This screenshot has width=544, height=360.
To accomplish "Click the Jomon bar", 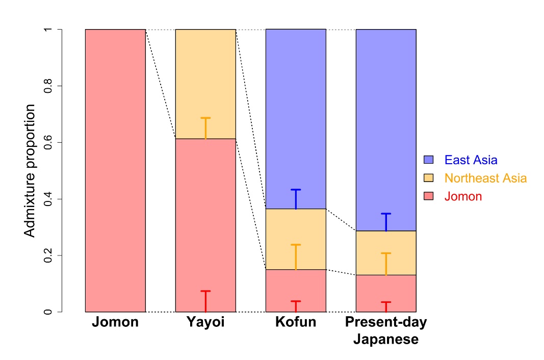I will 115,170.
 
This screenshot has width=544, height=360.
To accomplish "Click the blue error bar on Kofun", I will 296,199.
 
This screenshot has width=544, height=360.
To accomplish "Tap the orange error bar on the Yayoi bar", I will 205,128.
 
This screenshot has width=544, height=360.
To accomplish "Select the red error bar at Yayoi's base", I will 205,301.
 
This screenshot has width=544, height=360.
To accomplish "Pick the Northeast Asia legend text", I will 485,178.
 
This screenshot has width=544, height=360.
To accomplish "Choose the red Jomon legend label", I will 463,196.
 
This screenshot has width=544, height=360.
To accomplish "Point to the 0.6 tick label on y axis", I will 48,142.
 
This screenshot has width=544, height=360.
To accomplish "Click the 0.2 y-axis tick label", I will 48,255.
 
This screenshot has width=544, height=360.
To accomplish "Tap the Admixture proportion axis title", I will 31,170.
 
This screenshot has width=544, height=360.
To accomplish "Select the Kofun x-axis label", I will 295,322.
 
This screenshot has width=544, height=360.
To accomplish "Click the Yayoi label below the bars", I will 205,322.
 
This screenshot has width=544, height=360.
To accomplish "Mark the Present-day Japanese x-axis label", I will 386,330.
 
